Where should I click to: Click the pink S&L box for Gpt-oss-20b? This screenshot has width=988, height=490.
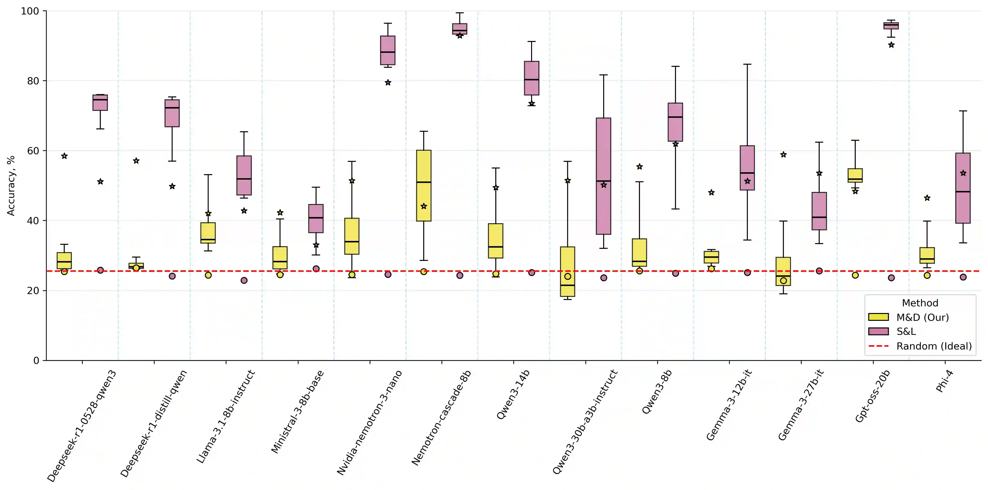[891, 26]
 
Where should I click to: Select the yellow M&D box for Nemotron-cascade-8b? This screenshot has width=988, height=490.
[423, 186]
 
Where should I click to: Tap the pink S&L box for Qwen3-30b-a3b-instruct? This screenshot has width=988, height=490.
[603, 176]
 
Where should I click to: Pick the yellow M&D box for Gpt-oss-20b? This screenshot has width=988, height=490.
[855, 175]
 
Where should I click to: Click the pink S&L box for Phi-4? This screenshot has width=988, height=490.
[963, 188]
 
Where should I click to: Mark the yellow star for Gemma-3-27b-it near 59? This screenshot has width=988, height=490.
[783, 154]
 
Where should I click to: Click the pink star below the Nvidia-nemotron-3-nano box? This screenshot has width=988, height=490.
[388, 82]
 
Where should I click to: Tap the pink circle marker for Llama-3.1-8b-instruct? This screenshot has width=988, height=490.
[244, 280]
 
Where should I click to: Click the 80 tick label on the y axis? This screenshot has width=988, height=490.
[33, 81]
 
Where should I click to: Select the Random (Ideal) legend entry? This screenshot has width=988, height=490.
[933, 346]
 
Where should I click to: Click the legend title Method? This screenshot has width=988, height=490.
[920, 303]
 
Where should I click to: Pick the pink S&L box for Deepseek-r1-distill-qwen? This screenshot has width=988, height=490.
[172, 113]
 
